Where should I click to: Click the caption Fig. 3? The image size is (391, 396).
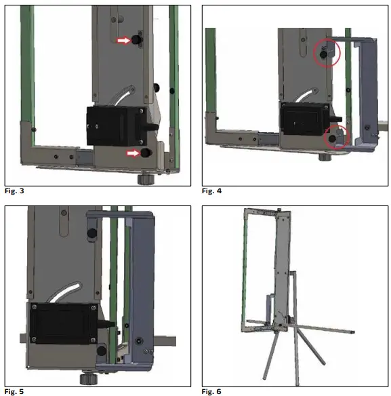[x=13, y=191]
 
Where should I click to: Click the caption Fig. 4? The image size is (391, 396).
[x=212, y=191]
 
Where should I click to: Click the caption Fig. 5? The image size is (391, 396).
[x=13, y=391]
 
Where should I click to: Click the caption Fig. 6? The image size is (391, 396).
[x=212, y=391]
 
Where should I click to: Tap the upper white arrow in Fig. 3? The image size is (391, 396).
[x=123, y=41]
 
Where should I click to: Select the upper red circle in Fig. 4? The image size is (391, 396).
[x=327, y=52]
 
